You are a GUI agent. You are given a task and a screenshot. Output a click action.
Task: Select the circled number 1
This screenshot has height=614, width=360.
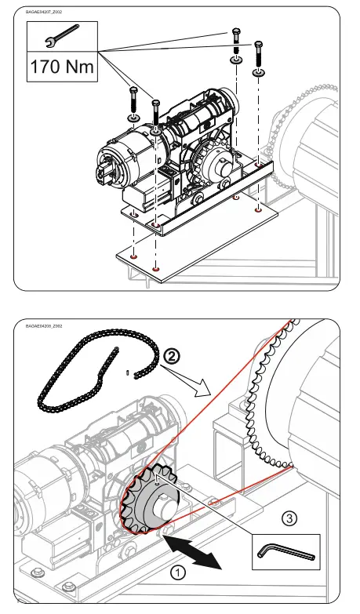pos(180,572)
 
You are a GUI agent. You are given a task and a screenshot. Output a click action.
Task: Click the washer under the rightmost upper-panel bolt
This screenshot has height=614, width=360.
pos(259,74)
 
